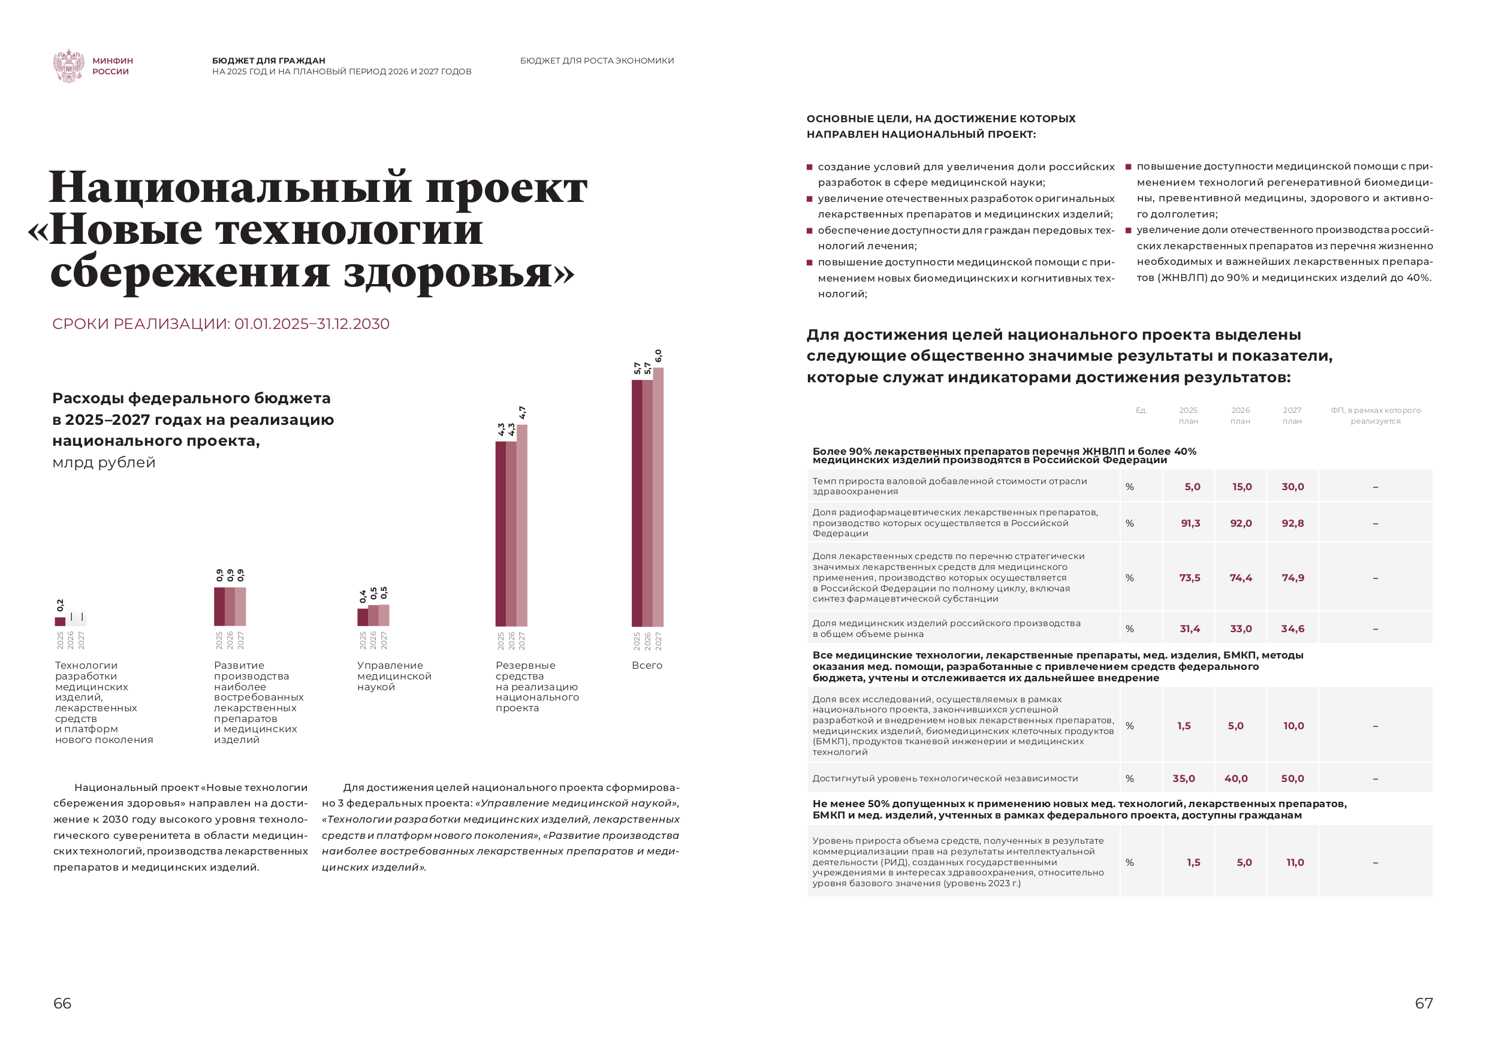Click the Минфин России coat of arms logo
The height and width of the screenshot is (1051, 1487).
click(69, 65)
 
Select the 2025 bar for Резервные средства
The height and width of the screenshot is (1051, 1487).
click(500, 534)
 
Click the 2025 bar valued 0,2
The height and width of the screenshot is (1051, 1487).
click(60, 621)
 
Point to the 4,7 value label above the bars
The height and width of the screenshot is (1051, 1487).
click(523, 412)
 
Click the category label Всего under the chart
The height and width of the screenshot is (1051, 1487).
click(646, 665)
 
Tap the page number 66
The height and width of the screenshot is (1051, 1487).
click(62, 1003)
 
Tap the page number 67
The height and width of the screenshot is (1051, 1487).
click(1423, 1003)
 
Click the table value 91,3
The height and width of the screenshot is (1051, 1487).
click(1190, 523)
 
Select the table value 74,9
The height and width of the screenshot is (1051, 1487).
click(1293, 578)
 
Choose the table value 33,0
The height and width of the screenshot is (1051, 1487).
click(1241, 629)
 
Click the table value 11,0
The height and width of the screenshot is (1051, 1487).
click(1295, 863)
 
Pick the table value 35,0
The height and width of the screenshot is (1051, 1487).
click(1184, 778)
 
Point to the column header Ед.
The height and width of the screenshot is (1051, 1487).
click(1141, 410)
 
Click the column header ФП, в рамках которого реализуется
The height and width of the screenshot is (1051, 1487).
click(1376, 416)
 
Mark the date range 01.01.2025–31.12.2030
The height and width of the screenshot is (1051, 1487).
click(312, 324)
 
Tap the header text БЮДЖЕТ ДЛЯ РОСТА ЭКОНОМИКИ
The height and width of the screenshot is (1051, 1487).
click(596, 61)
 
